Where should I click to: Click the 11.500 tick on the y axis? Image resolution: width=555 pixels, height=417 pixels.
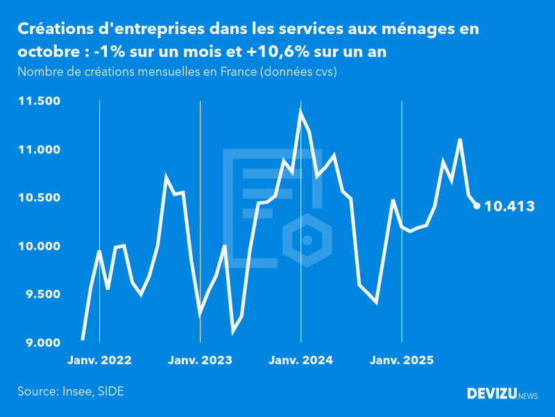coord(40,101)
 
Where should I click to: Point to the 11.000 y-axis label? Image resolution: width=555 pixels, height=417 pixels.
coord(40,149)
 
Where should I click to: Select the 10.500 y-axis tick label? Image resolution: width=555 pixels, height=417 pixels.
coord(40,198)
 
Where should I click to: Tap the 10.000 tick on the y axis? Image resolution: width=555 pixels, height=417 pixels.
coord(40,246)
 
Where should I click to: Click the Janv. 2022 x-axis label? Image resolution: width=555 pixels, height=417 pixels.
coord(99,361)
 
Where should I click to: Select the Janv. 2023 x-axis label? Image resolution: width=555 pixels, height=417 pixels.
coord(200,361)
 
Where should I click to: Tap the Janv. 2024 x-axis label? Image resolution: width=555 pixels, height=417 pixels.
coord(301,361)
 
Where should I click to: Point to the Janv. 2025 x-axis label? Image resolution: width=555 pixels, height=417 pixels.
coord(402,361)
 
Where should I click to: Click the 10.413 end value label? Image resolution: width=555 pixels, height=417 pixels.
coord(509,206)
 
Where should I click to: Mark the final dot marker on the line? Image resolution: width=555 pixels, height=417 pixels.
coord(477,205)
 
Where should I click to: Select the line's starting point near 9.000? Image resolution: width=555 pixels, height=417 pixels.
coord(83,340)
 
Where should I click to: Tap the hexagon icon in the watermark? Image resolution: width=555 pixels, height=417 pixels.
coord(307,240)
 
